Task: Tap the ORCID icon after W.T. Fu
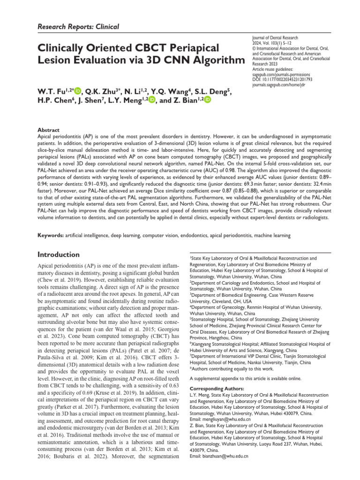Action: click(x=78, y=90)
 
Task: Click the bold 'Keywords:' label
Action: click(x=50, y=235)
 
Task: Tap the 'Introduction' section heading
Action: click(x=58, y=255)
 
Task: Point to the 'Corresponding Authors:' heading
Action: click(x=217, y=389)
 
